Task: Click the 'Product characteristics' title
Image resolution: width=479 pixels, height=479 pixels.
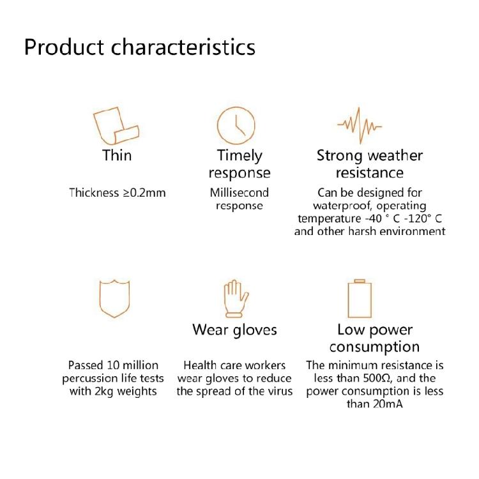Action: (139, 47)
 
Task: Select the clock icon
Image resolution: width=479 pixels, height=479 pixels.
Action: (236, 125)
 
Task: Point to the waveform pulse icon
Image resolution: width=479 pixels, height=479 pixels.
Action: (360, 125)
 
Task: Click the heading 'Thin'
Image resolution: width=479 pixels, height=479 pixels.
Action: (117, 155)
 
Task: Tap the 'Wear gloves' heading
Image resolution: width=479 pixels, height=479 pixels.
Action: (234, 330)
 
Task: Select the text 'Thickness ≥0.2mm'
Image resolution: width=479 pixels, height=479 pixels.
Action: (117, 192)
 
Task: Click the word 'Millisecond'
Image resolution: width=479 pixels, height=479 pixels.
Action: (240, 192)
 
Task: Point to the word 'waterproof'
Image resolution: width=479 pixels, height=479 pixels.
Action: (344, 206)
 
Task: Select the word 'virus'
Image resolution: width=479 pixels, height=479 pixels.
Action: (279, 391)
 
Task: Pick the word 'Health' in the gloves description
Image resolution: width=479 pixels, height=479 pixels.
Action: (201, 365)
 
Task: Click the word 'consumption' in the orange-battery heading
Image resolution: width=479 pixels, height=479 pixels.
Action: (374, 347)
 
